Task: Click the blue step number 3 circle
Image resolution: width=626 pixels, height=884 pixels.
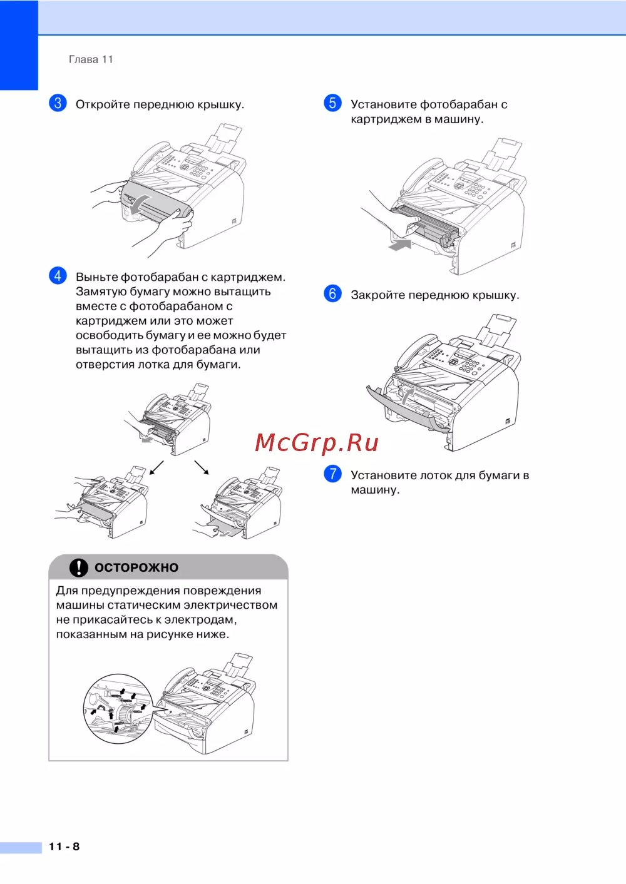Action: [x=58, y=103]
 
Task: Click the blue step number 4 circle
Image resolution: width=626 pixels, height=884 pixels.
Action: [x=58, y=275]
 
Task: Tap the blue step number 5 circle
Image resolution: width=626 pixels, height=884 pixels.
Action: [x=332, y=103]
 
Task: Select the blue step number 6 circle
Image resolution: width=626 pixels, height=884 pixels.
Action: [x=332, y=293]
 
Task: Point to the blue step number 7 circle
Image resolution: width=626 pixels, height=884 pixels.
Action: [x=332, y=474]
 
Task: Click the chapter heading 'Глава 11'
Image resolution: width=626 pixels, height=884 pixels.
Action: [x=91, y=59]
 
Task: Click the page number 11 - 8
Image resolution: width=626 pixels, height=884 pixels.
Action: [x=64, y=846]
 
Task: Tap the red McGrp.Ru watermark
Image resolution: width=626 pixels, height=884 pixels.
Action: [x=317, y=442]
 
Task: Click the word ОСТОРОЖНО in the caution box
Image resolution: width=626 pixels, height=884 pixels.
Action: [x=136, y=567]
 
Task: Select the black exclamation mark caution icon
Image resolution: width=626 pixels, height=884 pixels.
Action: [x=79, y=567]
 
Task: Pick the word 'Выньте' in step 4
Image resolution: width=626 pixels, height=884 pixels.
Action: [x=96, y=277]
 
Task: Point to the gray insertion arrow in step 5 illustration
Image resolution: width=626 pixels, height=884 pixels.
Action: [x=399, y=245]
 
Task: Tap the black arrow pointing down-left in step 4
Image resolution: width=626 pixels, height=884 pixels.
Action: [x=156, y=467]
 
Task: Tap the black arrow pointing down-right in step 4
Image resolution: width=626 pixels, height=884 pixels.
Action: [x=202, y=467]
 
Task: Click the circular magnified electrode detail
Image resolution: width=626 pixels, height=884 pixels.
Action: [x=118, y=708]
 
